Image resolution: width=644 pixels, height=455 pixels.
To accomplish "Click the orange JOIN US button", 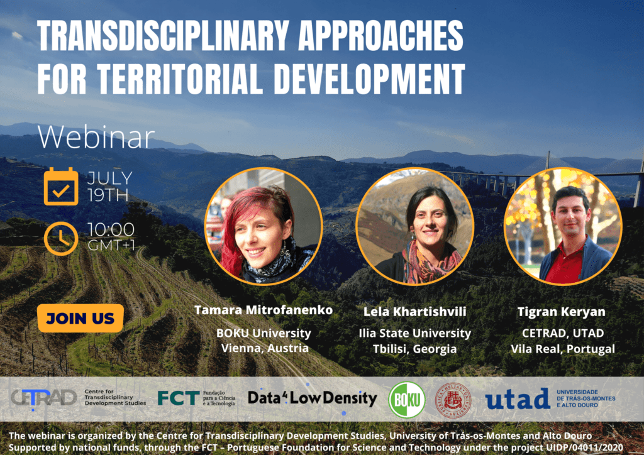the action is (x=80, y=318).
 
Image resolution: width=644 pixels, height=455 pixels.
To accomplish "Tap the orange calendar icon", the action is (x=61, y=187).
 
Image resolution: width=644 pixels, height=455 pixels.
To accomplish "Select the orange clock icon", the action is (x=61, y=238).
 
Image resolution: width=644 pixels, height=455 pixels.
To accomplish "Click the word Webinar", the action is (x=96, y=137).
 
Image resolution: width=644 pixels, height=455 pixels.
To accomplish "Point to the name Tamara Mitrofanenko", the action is (x=264, y=310).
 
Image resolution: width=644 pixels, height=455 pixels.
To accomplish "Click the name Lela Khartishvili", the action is (x=415, y=312).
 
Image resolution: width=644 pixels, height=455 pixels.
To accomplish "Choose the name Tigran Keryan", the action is (x=562, y=312).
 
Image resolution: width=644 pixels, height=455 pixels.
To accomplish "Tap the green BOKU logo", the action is (x=407, y=400).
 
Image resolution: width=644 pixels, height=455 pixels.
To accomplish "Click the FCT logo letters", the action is (x=179, y=398).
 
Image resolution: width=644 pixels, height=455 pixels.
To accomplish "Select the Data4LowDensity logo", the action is (x=312, y=398).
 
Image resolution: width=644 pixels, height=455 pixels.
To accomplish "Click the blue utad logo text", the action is (x=518, y=398).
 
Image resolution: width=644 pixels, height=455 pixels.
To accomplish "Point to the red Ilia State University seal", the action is (x=453, y=400).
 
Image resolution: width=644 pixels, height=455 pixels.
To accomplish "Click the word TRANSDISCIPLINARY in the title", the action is (x=164, y=35).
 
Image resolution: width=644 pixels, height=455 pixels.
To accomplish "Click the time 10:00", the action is (x=111, y=230).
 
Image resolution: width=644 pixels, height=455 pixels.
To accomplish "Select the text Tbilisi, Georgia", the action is (x=415, y=349).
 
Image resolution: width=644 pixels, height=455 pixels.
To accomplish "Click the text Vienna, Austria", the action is (x=265, y=348).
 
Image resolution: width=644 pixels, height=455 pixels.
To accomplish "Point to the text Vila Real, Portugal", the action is (x=563, y=349).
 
